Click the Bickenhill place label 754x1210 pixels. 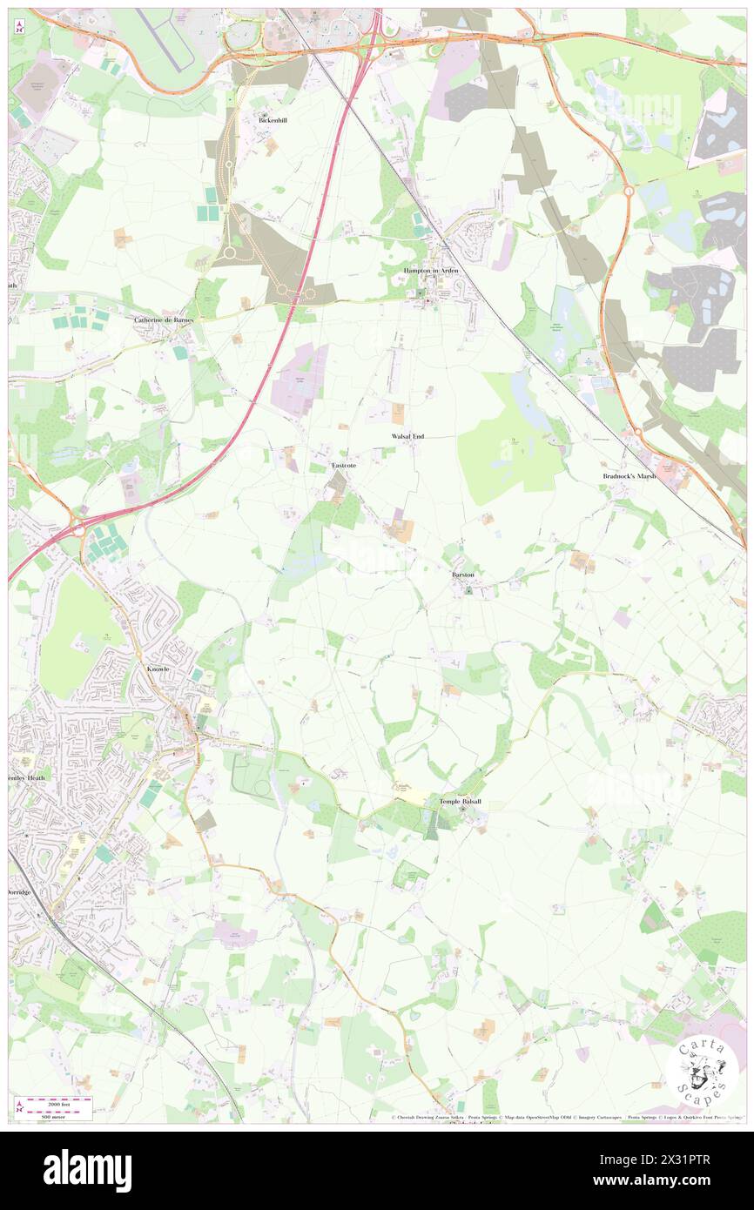(x=273, y=120)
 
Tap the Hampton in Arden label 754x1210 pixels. (x=430, y=272)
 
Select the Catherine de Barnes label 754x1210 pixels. (x=163, y=319)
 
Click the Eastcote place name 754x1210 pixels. (x=343, y=467)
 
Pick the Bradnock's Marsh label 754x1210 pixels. (x=629, y=476)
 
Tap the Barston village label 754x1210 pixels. (x=462, y=575)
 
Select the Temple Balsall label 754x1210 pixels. (x=460, y=802)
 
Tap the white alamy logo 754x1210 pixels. (x=87, y=1170)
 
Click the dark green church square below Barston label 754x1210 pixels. (x=468, y=591)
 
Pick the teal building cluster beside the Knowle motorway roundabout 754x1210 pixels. (x=106, y=547)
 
